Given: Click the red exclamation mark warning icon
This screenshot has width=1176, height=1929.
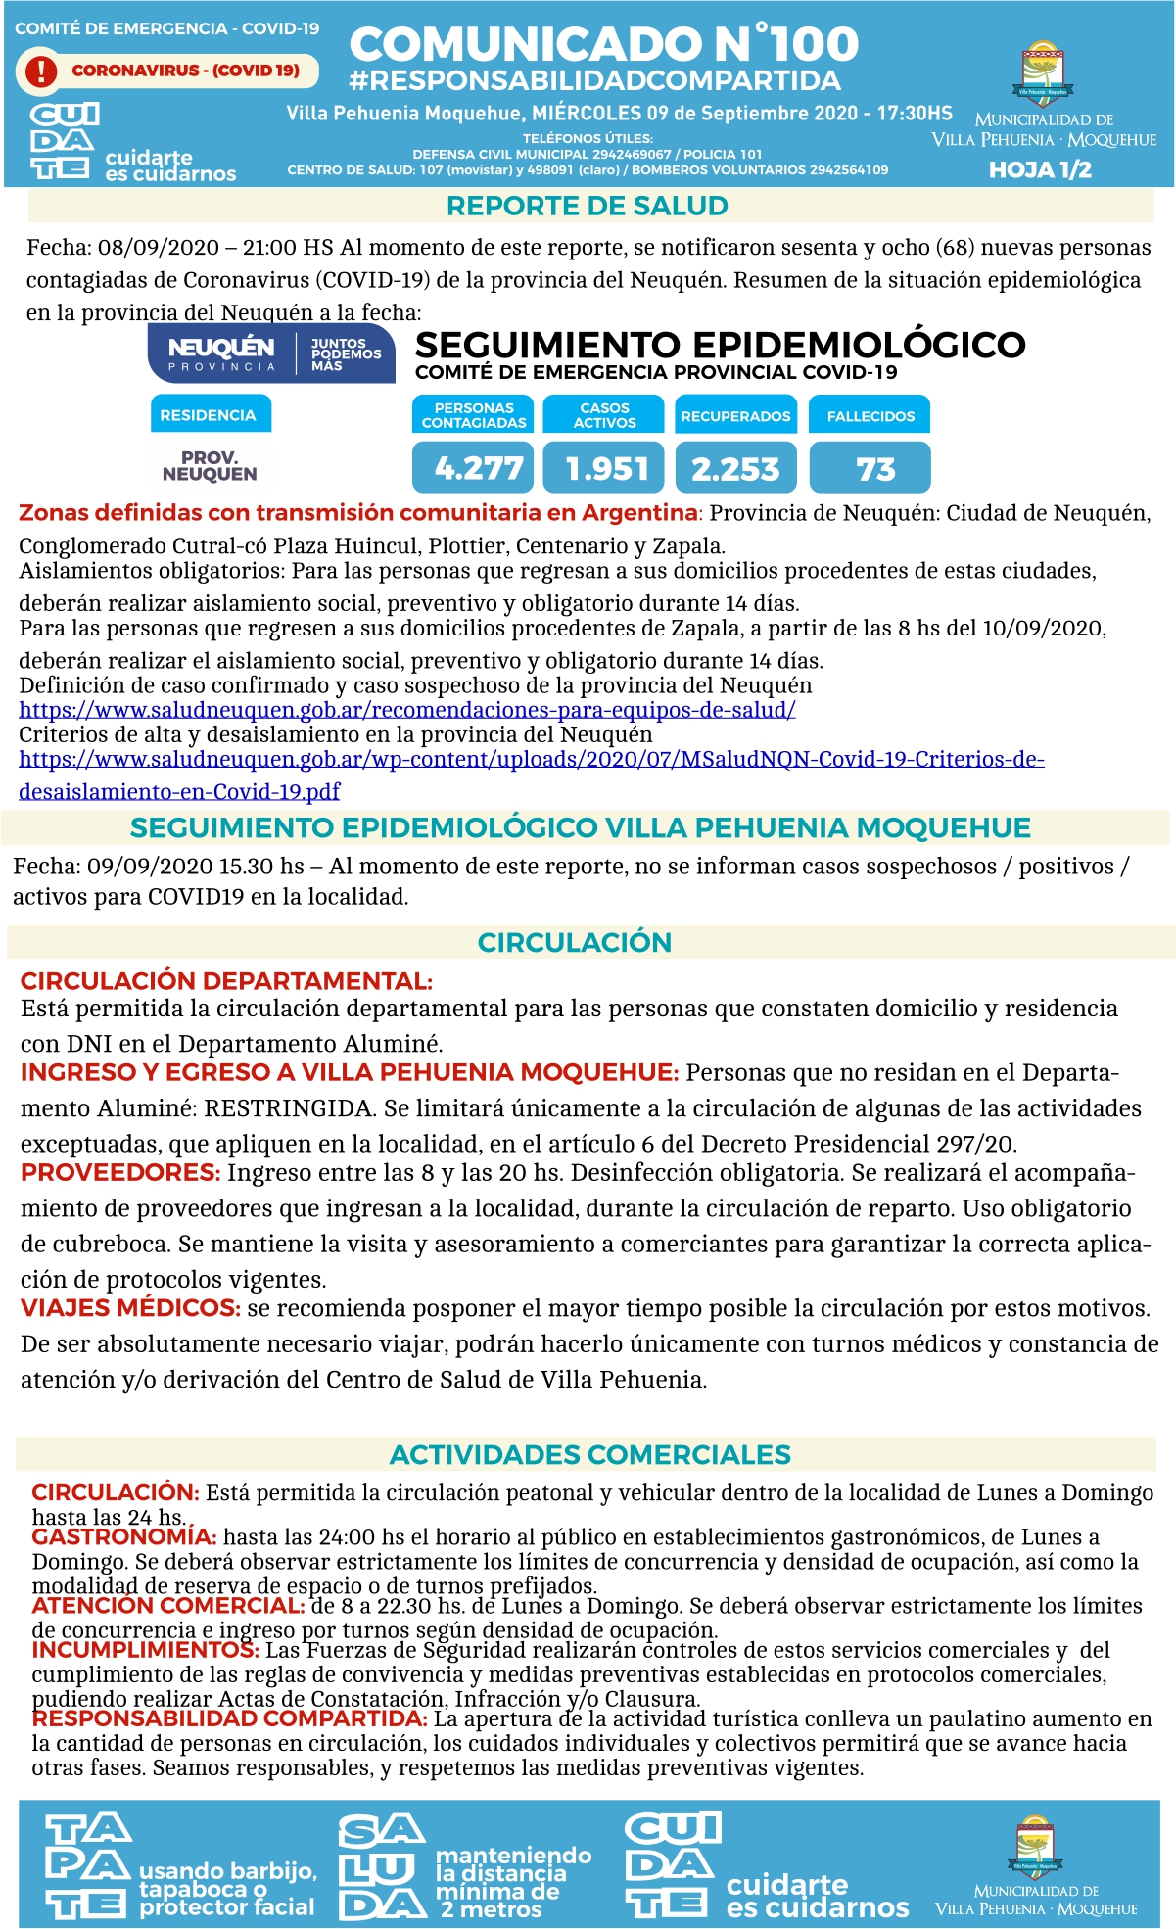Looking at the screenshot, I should [x=41, y=71].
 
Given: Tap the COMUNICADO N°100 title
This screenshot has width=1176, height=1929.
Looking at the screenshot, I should [x=603, y=44].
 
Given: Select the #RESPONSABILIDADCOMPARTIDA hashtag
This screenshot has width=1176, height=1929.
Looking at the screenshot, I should [x=594, y=80].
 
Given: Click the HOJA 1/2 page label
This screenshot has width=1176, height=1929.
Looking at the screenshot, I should [x=1040, y=169].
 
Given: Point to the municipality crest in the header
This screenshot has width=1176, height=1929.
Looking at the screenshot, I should [x=1043, y=73].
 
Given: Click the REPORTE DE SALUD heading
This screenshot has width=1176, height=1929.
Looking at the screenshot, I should [x=588, y=206].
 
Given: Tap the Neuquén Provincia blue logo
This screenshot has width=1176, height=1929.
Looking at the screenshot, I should [x=271, y=353].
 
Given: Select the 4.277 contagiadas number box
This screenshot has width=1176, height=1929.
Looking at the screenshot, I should [x=473, y=468].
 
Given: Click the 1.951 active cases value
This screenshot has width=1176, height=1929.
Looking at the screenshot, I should [x=603, y=468].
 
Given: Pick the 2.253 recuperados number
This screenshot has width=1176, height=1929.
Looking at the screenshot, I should [x=735, y=468].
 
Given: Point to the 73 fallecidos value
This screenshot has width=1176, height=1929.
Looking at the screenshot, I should [x=870, y=468].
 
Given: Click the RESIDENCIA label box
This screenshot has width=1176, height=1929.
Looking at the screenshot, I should [x=210, y=414].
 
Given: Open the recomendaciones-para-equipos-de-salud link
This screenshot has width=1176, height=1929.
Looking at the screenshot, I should [x=406, y=710].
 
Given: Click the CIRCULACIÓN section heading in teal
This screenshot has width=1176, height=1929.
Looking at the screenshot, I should [x=575, y=942].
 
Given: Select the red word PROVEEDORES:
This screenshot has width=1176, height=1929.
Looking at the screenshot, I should [x=120, y=1172].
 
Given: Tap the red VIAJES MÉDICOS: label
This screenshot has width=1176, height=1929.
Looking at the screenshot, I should [x=130, y=1307].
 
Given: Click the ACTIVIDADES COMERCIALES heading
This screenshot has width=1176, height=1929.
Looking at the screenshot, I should [x=589, y=1454].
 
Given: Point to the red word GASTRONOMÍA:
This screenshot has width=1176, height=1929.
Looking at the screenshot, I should [x=123, y=1536].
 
